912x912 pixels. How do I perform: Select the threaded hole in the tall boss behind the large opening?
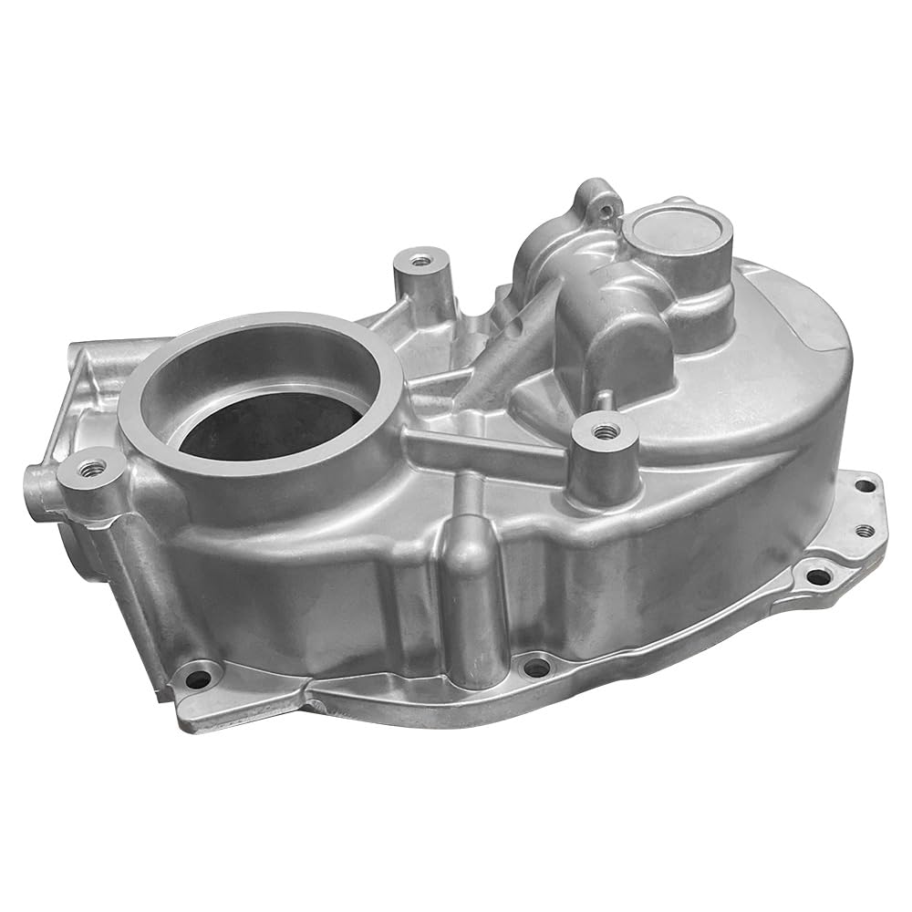420,261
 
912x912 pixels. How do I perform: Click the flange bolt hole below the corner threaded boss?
199,678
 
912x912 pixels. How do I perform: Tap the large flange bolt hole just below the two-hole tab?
818,576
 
